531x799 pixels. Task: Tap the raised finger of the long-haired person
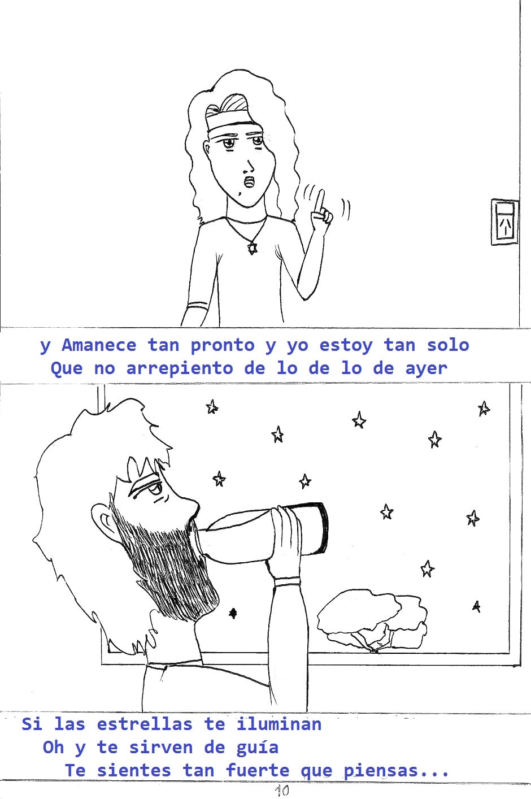click(x=321, y=200)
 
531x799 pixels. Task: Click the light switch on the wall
click(x=504, y=222)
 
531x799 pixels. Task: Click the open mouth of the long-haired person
click(x=249, y=181)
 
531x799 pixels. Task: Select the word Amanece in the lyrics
click(x=99, y=345)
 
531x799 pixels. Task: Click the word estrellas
click(x=145, y=724)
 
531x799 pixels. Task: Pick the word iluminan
click(x=279, y=724)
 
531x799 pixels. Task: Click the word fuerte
click(x=258, y=771)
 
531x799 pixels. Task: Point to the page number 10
click(x=282, y=791)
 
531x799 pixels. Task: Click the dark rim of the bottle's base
click(x=323, y=528)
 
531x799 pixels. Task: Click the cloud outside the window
click(x=372, y=622)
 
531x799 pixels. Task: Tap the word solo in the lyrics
click(x=448, y=345)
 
